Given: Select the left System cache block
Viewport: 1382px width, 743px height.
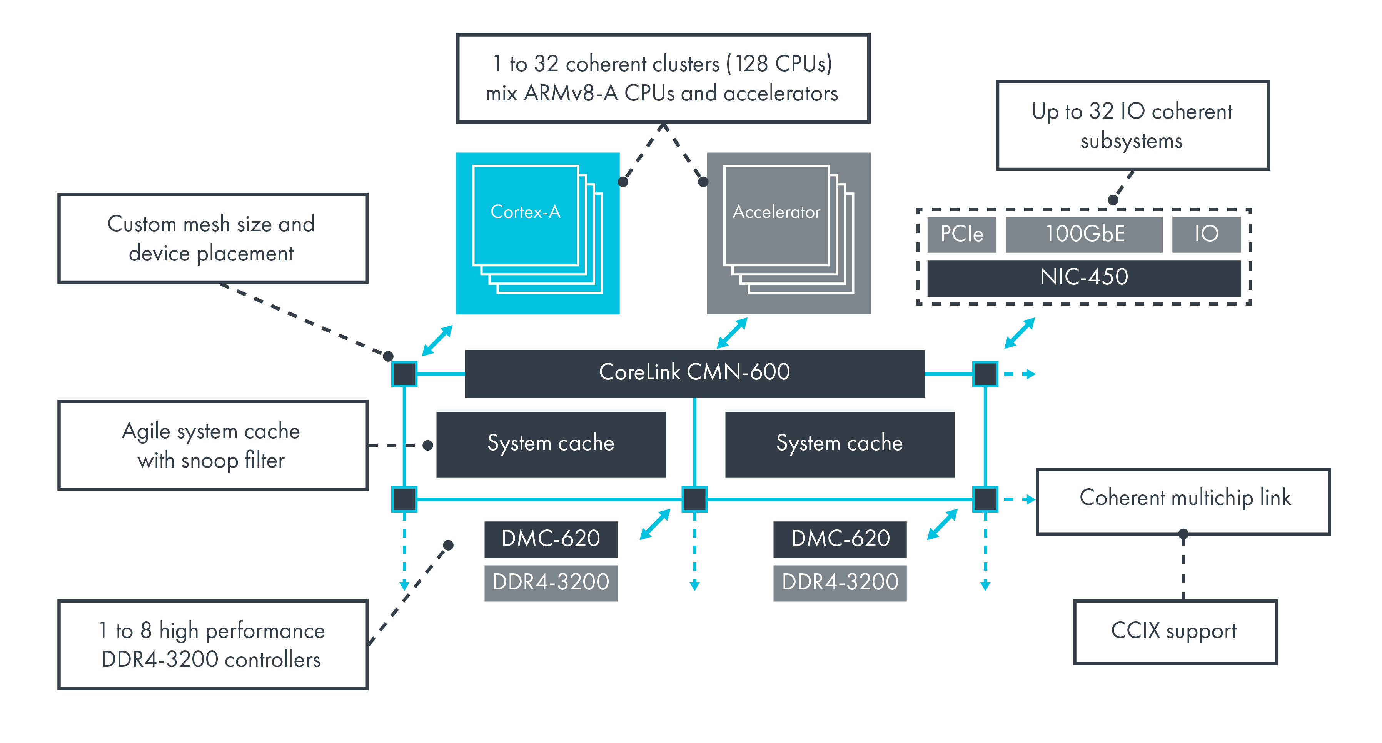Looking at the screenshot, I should [x=551, y=444].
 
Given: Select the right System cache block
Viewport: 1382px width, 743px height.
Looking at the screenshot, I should [x=839, y=444].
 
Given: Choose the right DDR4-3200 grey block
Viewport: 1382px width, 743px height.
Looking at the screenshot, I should [x=839, y=583].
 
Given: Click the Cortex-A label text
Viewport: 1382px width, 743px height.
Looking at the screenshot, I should [x=525, y=212].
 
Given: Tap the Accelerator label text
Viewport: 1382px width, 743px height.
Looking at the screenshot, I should [x=776, y=212].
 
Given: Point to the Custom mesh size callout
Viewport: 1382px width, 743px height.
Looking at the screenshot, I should [x=212, y=238].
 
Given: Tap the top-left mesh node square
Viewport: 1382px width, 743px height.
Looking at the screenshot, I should [x=404, y=374].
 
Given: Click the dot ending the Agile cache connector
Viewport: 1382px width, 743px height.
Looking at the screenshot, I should [x=427, y=445].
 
